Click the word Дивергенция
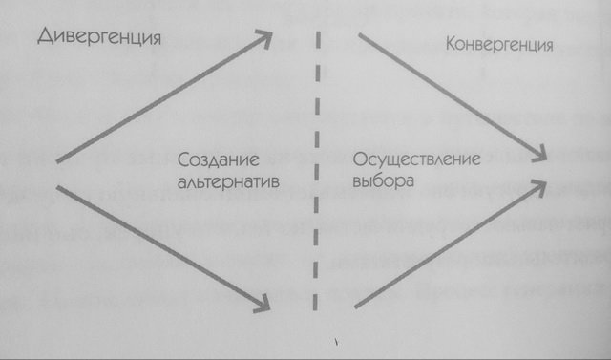[96, 37]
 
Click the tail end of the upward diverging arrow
[58, 161]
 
